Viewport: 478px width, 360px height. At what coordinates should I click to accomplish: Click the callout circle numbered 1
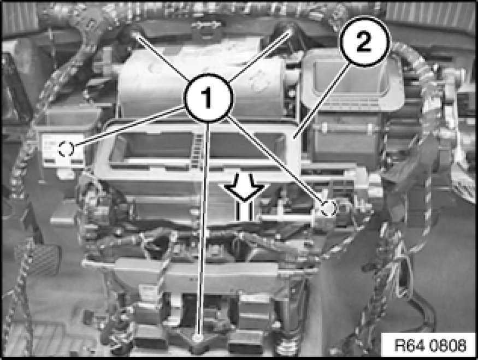tap(208, 98)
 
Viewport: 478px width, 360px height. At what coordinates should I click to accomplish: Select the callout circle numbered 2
tap(364, 42)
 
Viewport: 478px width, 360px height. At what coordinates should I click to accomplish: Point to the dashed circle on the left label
tap(66, 149)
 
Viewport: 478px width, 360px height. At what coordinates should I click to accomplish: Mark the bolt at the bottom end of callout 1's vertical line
tap(198, 338)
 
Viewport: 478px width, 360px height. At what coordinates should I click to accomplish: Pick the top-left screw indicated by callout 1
tap(135, 34)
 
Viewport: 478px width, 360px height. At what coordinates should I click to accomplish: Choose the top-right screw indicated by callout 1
tap(290, 31)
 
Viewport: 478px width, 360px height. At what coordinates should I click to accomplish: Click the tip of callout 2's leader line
tap(294, 138)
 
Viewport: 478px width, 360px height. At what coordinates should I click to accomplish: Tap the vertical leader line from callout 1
tap(204, 229)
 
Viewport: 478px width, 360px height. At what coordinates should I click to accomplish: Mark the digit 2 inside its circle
tap(364, 42)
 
